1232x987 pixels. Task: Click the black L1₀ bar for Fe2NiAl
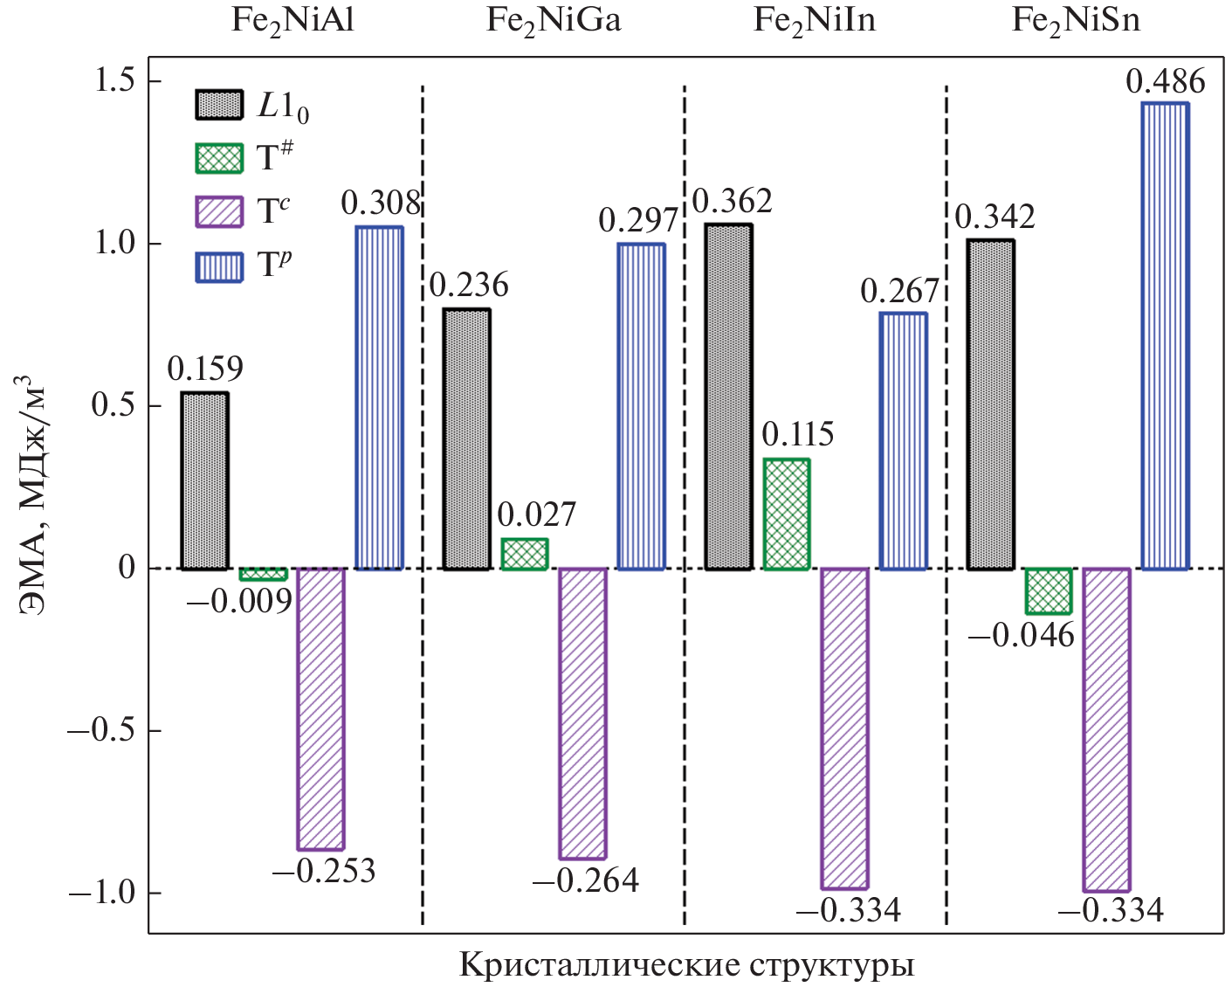(204, 480)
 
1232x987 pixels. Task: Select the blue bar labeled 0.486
(1165, 336)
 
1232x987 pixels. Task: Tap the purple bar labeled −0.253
(320, 708)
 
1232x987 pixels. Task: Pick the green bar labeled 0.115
(786, 514)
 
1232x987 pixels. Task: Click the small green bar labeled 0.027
(524, 554)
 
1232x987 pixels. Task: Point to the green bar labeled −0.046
(1048, 590)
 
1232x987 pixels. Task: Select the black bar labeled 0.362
(728, 397)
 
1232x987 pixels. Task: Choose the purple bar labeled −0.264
(582, 713)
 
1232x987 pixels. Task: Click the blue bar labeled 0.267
(903, 440)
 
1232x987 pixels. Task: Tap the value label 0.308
(381, 203)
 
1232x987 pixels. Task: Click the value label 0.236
(469, 286)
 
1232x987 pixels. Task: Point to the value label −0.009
(239, 601)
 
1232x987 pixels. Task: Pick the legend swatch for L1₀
(218, 105)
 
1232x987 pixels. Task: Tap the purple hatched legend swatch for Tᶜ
(218, 211)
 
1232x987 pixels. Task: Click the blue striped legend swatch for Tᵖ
(218, 266)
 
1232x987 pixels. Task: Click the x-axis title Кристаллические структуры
(686, 965)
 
